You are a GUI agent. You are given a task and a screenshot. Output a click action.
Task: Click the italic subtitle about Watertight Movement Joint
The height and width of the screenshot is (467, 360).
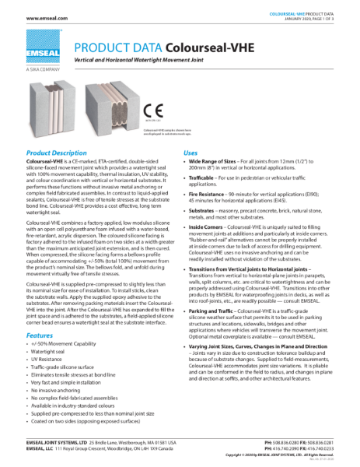(145, 61)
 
